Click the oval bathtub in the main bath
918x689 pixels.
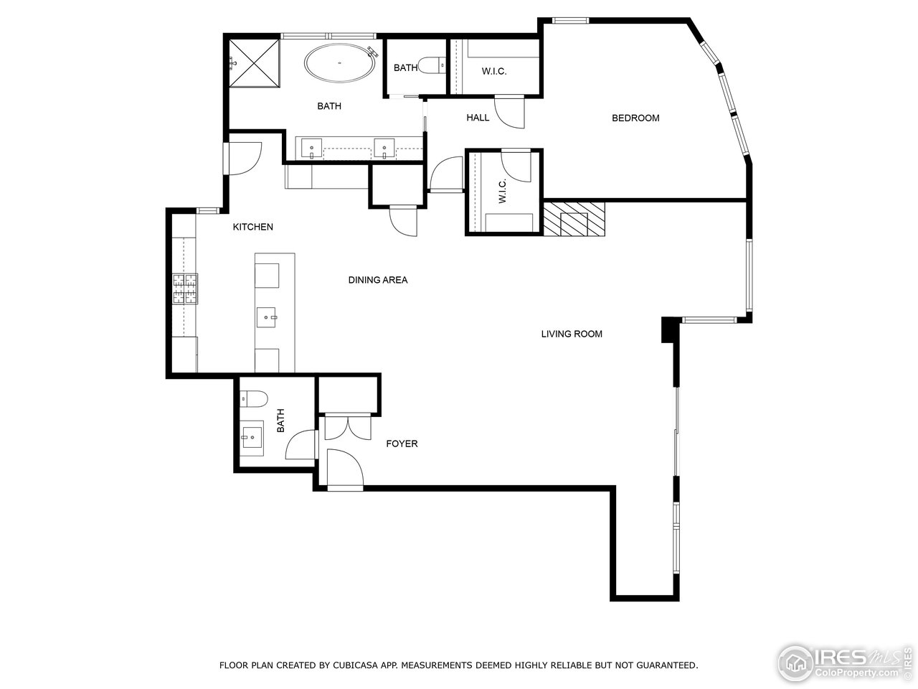pos(339,63)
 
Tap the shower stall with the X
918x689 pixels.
pos(255,63)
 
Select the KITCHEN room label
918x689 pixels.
pos(252,227)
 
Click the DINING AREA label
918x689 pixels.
pos(378,280)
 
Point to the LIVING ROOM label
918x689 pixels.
pos(572,334)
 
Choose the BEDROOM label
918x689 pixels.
pos(635,118)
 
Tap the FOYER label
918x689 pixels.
pos(402,444)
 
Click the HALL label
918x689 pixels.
pos(478,118)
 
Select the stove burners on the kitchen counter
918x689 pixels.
pos(185,289)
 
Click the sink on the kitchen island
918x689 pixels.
pos(266,317)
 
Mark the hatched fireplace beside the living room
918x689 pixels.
pos(574,220)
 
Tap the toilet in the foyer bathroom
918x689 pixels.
pos(253,398)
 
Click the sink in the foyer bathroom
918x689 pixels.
pos(252,438)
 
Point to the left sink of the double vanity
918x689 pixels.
pos(311,149)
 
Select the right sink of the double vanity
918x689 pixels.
pos(384,149)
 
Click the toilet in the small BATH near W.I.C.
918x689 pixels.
pos(431,66)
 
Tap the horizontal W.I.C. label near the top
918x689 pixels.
pos(494,71)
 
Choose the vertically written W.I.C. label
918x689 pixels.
pos(502,191)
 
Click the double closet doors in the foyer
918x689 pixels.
pos(348,427)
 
